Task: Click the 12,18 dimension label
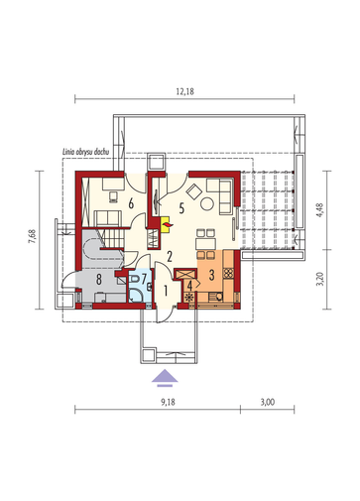coord(184,91)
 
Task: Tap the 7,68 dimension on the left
coord(33,237)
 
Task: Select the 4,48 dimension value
coord(320,209)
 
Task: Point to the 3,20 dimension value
coord(320,280)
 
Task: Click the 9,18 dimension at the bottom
coord(168,402)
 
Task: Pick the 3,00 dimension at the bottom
coord(268,402)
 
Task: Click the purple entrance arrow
coord(165,378)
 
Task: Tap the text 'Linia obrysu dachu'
coord(85,152)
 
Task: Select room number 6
coord(131,203)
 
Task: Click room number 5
coord(181,208)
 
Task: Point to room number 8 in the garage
coord(98,280)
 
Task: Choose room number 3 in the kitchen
coord(211,275)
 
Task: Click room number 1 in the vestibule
coord(166,291)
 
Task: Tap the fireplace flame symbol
coord(165,225)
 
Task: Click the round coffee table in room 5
coord(207,203)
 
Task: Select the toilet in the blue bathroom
coord(135,279)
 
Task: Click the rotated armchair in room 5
coord(194,191)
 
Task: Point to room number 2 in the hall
coord(170,257)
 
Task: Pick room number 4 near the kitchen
coord(189,286)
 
